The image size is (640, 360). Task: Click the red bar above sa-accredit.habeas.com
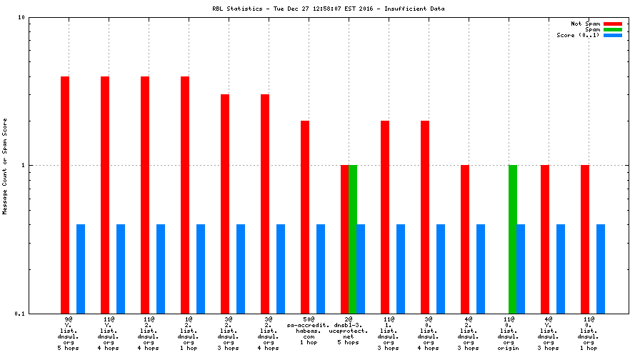pyautogui.click(x=305, y=217)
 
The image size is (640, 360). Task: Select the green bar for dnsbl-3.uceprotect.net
pyautogui.click(x=353, y=239)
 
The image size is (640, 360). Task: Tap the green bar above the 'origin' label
pyautogui.click(x=513, y=239)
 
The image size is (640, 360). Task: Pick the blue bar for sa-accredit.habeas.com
pyautogui.click(x=321, y=269)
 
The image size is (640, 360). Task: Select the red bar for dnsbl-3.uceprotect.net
pyautogui.click(x=344, y=239)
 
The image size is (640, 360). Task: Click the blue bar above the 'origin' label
pyautogui.click(x=521, y=269)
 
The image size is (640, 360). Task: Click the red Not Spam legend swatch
pyautogui.click(x=613, y=24)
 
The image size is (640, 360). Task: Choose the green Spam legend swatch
pyautogui.click(x=613, y=29)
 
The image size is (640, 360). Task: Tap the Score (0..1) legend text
pyautogui.click(x=578, y=35)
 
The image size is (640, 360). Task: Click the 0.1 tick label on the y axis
pyautogui.click(x=19, y=314)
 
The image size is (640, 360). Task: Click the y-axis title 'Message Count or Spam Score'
pyautogui.click(x=5, y=166)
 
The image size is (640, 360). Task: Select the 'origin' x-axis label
pyautogui.click(x=509, y=348)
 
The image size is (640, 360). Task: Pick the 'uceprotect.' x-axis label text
pyautogui.click(x=349, y=331)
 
